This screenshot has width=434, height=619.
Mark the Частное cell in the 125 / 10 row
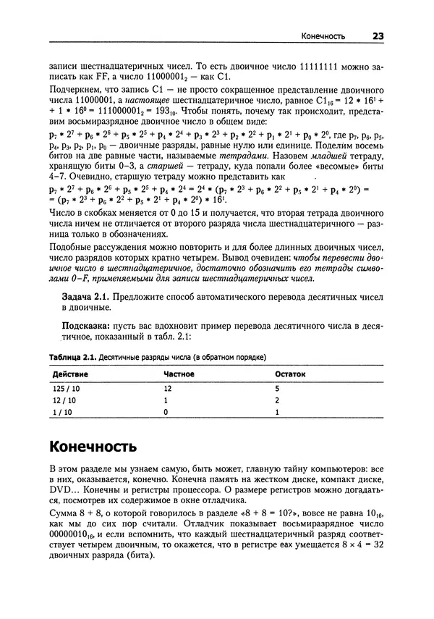[x=168, y=388]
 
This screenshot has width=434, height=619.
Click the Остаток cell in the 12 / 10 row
[x=277, y=400]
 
